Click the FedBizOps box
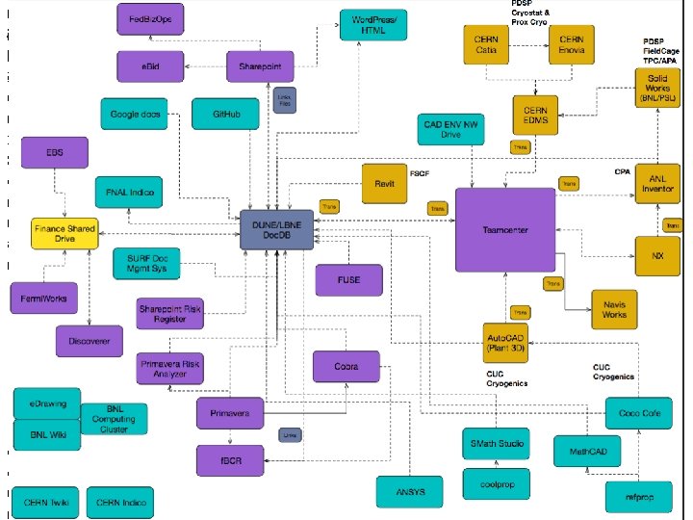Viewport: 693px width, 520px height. pos(145,17)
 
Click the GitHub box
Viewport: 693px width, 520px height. pos(225,115)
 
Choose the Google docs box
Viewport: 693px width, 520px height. pos(137,114)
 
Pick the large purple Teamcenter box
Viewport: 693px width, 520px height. pos(505,230)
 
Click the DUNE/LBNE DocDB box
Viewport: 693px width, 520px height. pos(277,229)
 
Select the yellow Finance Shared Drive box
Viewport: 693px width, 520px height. pos(65,234)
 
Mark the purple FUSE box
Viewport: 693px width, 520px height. pos(348,280)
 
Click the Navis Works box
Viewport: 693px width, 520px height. pos(614,308)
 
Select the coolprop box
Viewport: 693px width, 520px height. pos(493,484)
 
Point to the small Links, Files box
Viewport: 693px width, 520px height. pos(284,99)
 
